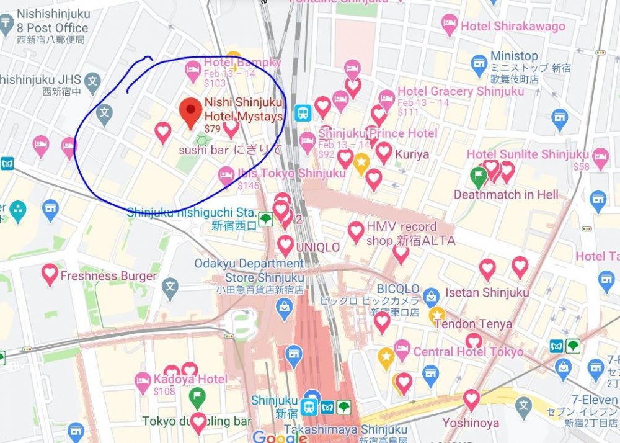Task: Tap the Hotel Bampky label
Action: click(242, 63)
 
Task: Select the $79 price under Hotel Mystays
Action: click(213, 129)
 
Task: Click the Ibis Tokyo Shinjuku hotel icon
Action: click(226, 176)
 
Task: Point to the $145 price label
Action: click(248, 186)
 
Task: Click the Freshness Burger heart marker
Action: click(50, 274)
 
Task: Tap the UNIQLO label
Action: click(318, 247)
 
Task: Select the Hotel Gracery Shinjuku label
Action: click(460, 92)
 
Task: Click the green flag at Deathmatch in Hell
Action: click(478, 177)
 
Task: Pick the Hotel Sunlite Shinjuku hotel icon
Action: click(600, 156)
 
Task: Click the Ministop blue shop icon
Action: click(479, 63)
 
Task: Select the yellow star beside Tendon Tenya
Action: click(437, 314)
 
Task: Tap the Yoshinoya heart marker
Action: click(472, 399)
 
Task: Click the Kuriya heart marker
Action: click(383, 152)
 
